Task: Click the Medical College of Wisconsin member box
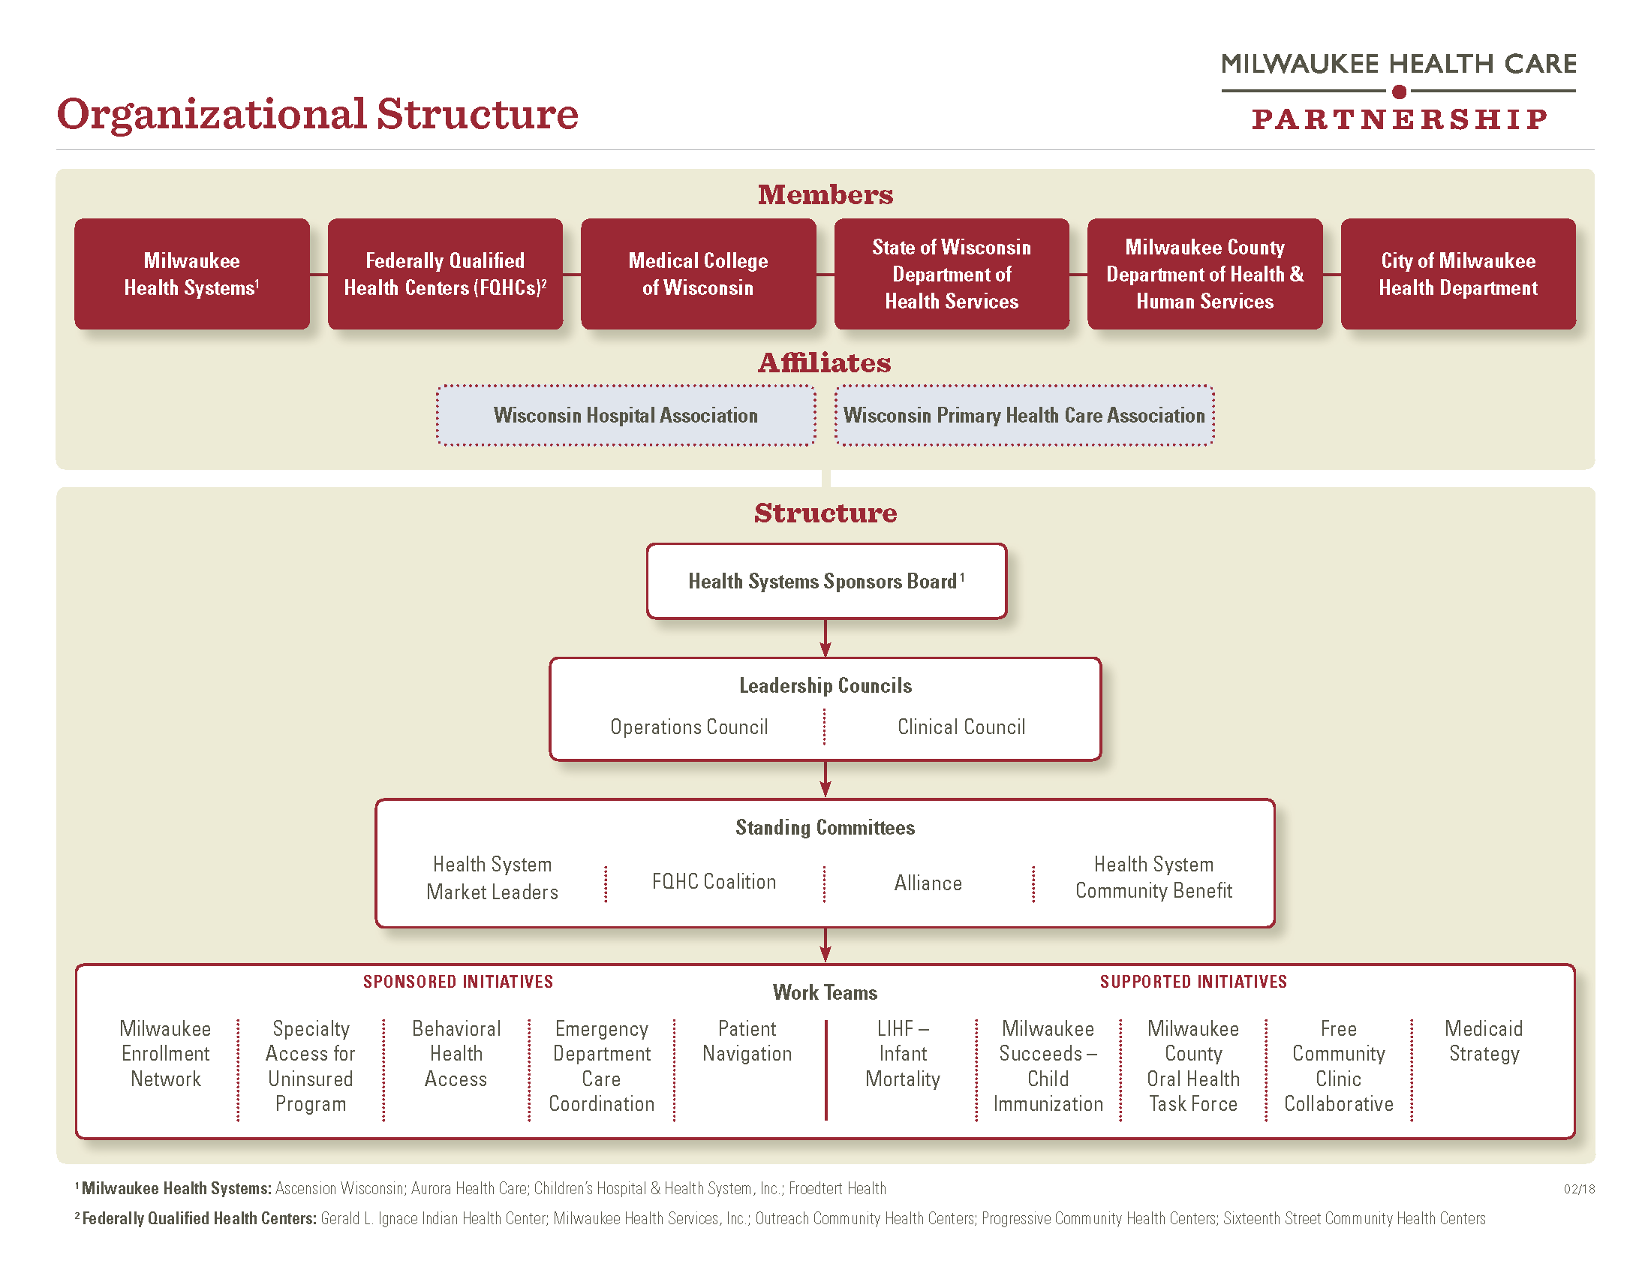click(698, 274)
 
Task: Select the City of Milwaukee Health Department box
click(1458, 274)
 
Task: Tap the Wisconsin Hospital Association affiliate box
click(626, 415)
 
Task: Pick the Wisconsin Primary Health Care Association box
click(1024, 415)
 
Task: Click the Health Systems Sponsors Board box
click(826, 581)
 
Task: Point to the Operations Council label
click(689, 727)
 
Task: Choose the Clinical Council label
click(961, 727)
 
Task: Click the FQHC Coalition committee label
click(714, 881)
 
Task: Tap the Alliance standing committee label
click(928, 883)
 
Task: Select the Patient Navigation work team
click(747, 1041)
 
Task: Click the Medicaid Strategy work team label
click(1484, 1041)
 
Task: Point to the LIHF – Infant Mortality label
click(903, 1054)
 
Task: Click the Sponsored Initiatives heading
click(458, 982)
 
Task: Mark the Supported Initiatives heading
click(1193, 982)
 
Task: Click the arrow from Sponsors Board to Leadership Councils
click(825, 638)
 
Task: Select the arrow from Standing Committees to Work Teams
click(825, 945)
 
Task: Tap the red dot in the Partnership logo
click(1400, 92)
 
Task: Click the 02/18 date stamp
click(1579, 1189)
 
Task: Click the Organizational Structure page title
click(317, 115)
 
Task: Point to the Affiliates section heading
click(825, 363)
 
